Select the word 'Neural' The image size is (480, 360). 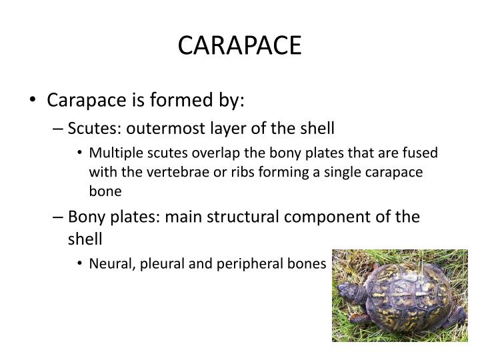pyautogui.click(x=111, y=263)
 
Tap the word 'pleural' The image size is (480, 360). pyautogui.click(x=163, y=264)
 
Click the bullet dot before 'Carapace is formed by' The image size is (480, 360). pyautogui.click(x=34, y=101)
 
